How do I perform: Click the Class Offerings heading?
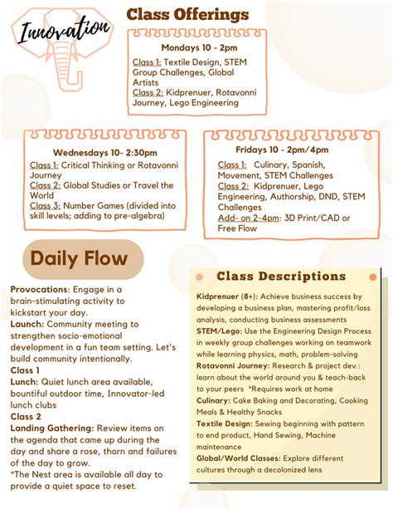pos(187,14)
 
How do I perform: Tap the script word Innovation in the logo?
pos(65,32)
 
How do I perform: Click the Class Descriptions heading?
pos(281,276)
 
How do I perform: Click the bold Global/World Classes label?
pos(239,457)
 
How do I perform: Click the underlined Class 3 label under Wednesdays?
pos(44,205)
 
